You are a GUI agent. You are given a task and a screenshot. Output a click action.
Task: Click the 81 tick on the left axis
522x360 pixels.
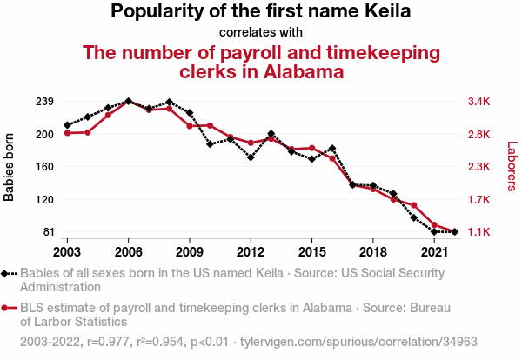pos(48,232)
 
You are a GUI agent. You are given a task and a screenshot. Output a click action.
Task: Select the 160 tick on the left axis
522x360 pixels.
pos(44,167)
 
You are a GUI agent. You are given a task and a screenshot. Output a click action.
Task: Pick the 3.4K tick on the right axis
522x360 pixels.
pos(479,102)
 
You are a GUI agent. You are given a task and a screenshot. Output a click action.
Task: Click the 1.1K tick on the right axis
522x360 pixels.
pos(479,232)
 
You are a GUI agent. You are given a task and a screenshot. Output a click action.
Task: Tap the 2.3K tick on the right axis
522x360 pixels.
pos(479,167)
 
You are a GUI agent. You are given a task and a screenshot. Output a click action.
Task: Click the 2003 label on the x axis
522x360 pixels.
pos(67,251)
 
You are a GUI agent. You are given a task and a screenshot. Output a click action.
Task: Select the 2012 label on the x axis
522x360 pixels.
pos(251,251)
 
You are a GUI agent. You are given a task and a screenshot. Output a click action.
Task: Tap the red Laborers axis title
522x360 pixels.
pos(512,167)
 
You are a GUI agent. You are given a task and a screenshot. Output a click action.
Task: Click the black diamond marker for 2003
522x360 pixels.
pos(67,125)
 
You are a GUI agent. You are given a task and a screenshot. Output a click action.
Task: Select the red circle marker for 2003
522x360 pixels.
pos(67,132)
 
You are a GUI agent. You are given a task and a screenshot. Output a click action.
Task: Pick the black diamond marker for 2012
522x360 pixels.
pos(251,157)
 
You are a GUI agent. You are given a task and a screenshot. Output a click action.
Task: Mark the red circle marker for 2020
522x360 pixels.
pos(414,205)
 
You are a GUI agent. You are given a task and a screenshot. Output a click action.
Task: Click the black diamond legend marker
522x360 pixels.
pos(7,274)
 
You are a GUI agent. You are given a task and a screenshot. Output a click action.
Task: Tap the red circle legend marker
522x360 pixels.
pos(7,308)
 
